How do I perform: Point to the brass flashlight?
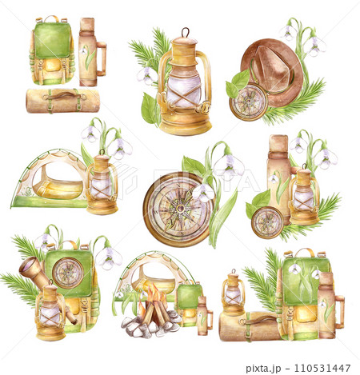[x=37, y=275]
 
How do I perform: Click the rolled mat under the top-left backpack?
[x=62, y=100]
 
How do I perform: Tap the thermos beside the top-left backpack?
[x=88, y=53]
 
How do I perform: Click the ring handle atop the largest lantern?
[x=186, y=34]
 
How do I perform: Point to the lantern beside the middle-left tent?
[x=102, y=185]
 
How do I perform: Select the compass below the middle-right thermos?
[x=266, y=222]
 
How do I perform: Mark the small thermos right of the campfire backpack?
[x=203, y=316]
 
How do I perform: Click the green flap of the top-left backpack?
[x=50, y=40]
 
